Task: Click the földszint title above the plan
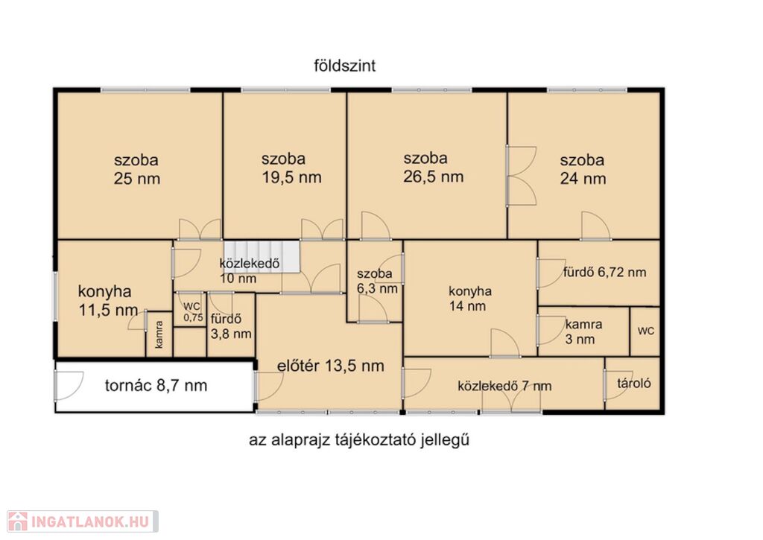coord(344,66)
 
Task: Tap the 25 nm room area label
coord(137,179)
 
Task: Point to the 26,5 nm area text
coord(433,176)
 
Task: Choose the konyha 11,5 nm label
coord(107,301)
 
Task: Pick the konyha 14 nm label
coord(469,299)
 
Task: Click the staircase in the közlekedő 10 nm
coord(261,256)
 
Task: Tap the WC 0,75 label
coord(193,312)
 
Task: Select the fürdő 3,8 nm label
coord(231,326)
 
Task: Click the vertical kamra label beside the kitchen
coord(159,334)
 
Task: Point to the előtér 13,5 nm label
coord(330,366)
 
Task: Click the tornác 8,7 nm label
coord(156,386)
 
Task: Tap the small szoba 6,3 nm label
coord(377,282)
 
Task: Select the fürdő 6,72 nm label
coord(605,273)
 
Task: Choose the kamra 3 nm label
coord(583,331)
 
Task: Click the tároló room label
coord(634,384)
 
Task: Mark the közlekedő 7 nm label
coord(504,387)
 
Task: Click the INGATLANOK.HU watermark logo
coord(83,521)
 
